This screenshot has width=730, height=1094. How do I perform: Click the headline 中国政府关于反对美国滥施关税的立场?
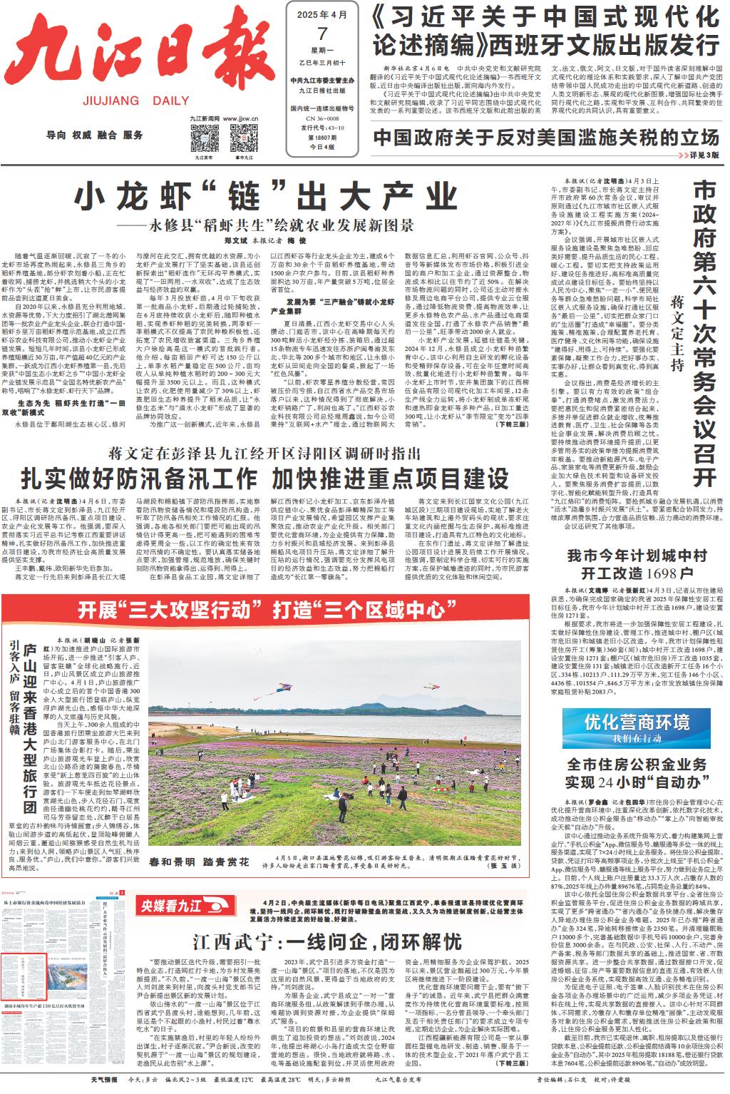tap(546, 136)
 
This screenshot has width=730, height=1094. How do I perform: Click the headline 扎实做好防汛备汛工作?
tap(139, 477)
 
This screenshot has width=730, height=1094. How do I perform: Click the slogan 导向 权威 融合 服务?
tap(94, 135)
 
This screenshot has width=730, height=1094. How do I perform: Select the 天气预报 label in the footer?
tap(103, 1080)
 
